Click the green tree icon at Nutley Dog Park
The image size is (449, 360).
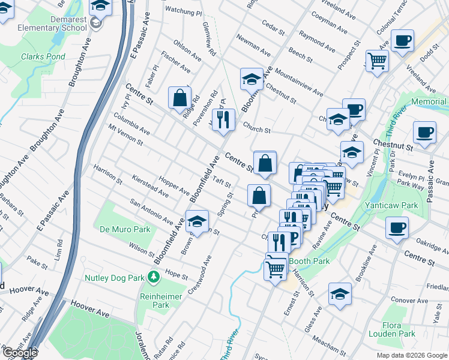[x=154, y=277]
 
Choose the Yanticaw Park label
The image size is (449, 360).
[x=392, y=205]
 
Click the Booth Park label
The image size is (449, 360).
[x=309, y=261]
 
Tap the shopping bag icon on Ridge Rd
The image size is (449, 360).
[x=179, y=98]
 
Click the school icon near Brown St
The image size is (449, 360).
[x=196, y=221]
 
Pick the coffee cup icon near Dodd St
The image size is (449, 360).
[x=402, y=40]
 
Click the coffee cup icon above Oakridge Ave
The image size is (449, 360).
[x=397, y=228]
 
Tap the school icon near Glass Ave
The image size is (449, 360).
[x=340, y=294]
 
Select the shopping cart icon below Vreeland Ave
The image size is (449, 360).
[x=377, y=60]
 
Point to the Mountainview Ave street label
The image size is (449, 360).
[x=298, y=86]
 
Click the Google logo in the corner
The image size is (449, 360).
[x=20, y=353]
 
